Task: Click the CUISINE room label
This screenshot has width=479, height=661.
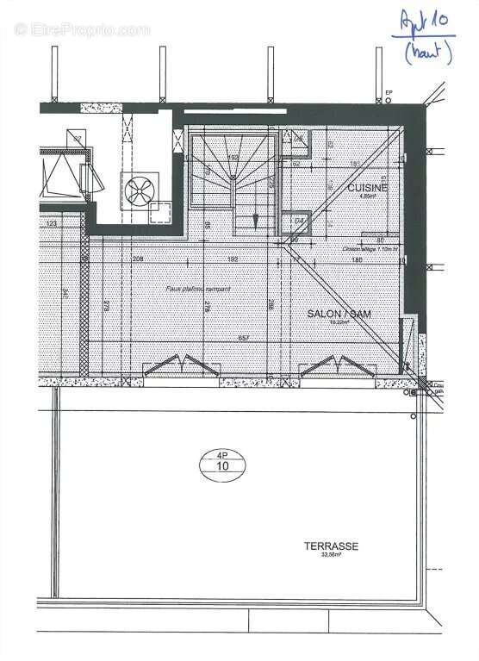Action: [x=367, y=187]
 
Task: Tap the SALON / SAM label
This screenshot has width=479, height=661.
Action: [x=339, y=315]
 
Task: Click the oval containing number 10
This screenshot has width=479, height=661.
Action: [x=222, y=465]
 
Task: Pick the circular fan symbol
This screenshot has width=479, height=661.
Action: [x=137, y=189]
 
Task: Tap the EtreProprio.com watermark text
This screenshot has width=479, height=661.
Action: [x=83, y=29]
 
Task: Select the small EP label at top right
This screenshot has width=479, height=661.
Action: [x=389, y=92]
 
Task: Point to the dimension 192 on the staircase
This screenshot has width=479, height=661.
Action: [x=233, y=159]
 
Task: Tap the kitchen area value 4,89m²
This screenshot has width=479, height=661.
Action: [x=367, y=196]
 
